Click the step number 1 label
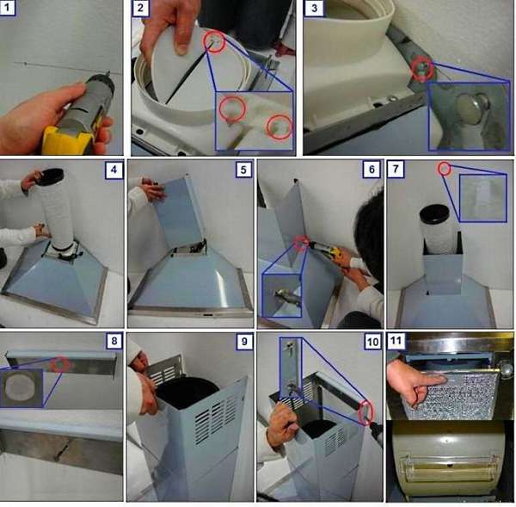7,7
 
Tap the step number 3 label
314,8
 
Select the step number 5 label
243,170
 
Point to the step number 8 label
114,341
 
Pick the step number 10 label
372,341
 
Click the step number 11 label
396,340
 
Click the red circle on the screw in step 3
422,69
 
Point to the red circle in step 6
301,243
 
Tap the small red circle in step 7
445,169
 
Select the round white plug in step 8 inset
19,387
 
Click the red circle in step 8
60,364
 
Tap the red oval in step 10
365,412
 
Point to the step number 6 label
372,170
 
